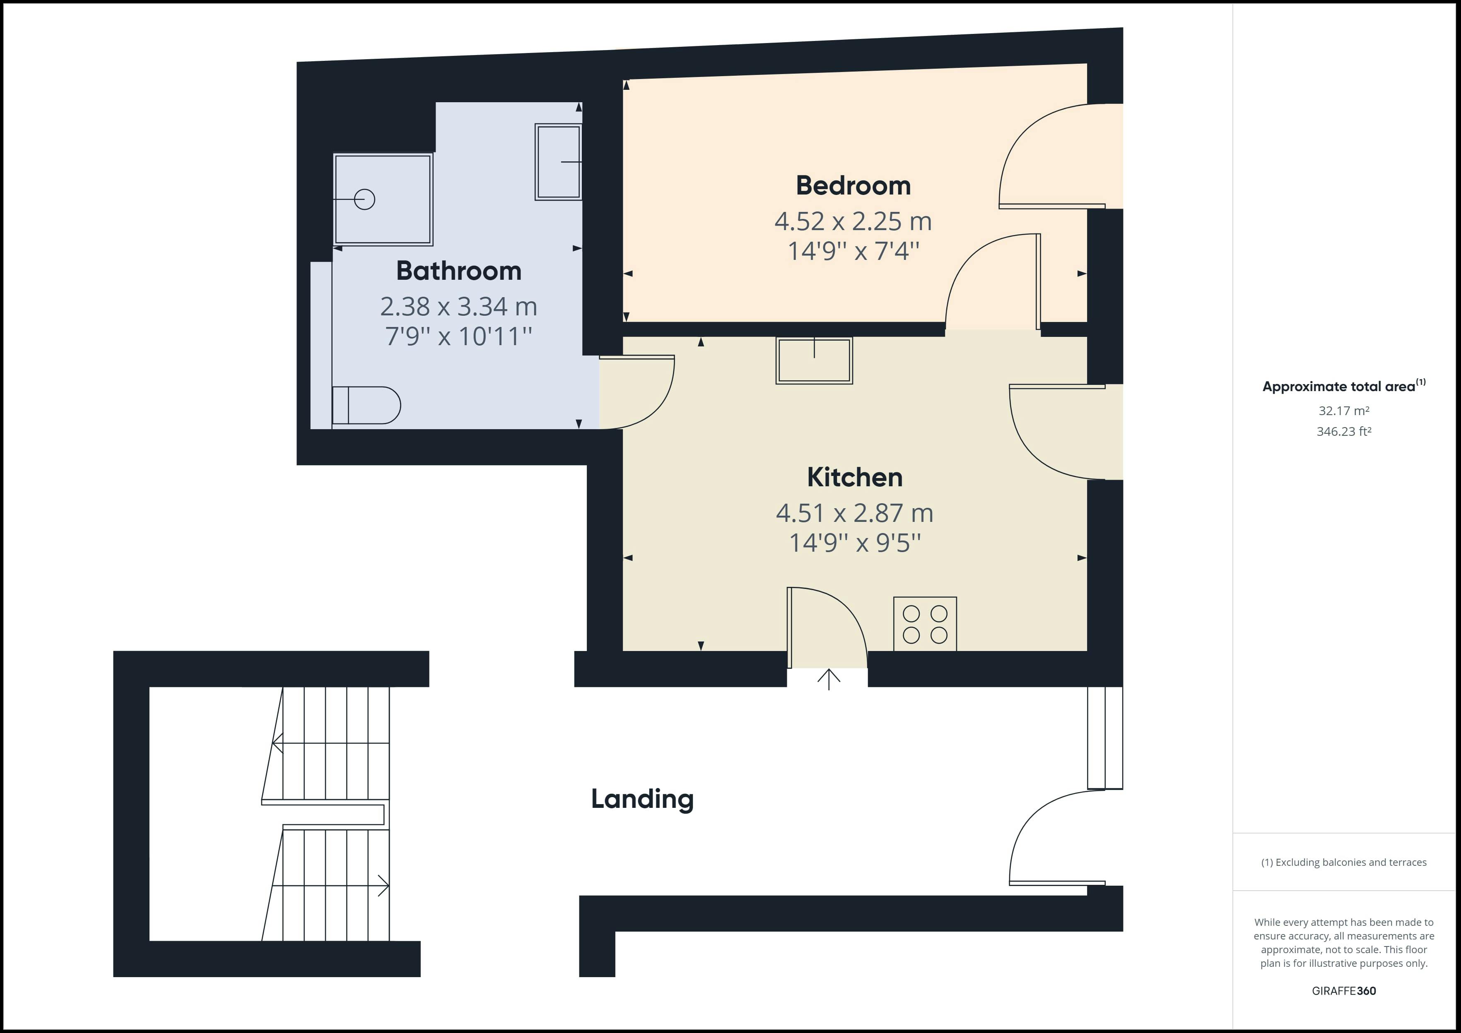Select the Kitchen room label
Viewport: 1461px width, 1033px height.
(x=855, y=477)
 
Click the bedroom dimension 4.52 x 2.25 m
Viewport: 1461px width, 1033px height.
(x=853, y=221)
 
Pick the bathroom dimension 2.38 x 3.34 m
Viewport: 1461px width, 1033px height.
(x=459, y=307)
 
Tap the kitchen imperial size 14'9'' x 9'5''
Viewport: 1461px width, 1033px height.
(x=855, y=543)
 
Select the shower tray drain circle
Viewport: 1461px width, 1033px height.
(x=364, y=199)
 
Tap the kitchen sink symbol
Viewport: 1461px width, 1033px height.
(x=814, y=360)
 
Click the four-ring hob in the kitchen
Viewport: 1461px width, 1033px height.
(x=925, y=624)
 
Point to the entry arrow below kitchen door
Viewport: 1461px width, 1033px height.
(x=829, y=679)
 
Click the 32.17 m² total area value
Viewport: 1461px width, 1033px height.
(x=1344, y=411)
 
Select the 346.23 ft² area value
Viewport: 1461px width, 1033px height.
(x=1344, y=431)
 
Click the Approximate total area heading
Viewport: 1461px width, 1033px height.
(x=1344, y=386)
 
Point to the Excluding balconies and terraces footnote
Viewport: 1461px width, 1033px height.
(x=1344, y=862)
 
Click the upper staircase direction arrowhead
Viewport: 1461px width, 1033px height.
(x=277, y=743)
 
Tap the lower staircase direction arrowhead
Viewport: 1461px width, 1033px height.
(x=384, y=885)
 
